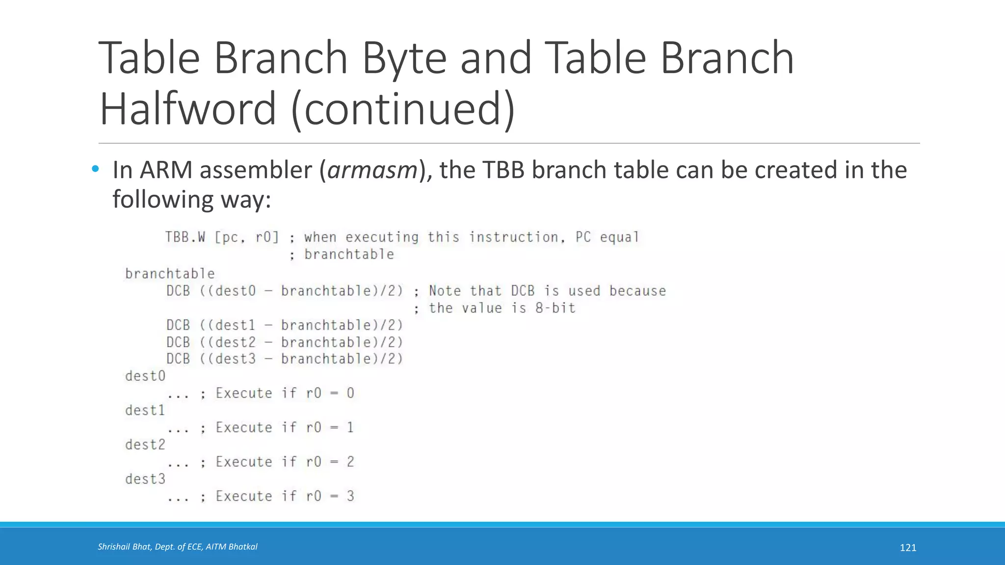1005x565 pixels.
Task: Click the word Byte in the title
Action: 403,59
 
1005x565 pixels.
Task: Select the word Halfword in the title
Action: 188,109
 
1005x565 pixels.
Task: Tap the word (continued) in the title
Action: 403,109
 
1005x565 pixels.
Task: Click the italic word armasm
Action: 372,170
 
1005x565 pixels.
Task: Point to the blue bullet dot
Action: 95,170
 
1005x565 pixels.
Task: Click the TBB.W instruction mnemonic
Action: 185,237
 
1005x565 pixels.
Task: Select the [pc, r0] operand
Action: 247,238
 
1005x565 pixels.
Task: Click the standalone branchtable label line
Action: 170,274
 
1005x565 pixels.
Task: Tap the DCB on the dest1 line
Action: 178,325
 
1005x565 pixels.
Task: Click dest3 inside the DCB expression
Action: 236,359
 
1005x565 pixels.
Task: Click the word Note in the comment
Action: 445,291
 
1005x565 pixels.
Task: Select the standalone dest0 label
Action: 145,376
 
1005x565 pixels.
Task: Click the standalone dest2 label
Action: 145,445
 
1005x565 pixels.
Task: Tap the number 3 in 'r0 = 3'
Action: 350,496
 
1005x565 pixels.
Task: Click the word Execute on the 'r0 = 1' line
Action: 244,427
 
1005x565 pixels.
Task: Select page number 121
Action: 908,548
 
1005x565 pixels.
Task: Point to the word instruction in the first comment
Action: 513,237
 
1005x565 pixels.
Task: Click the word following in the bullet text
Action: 162,200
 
